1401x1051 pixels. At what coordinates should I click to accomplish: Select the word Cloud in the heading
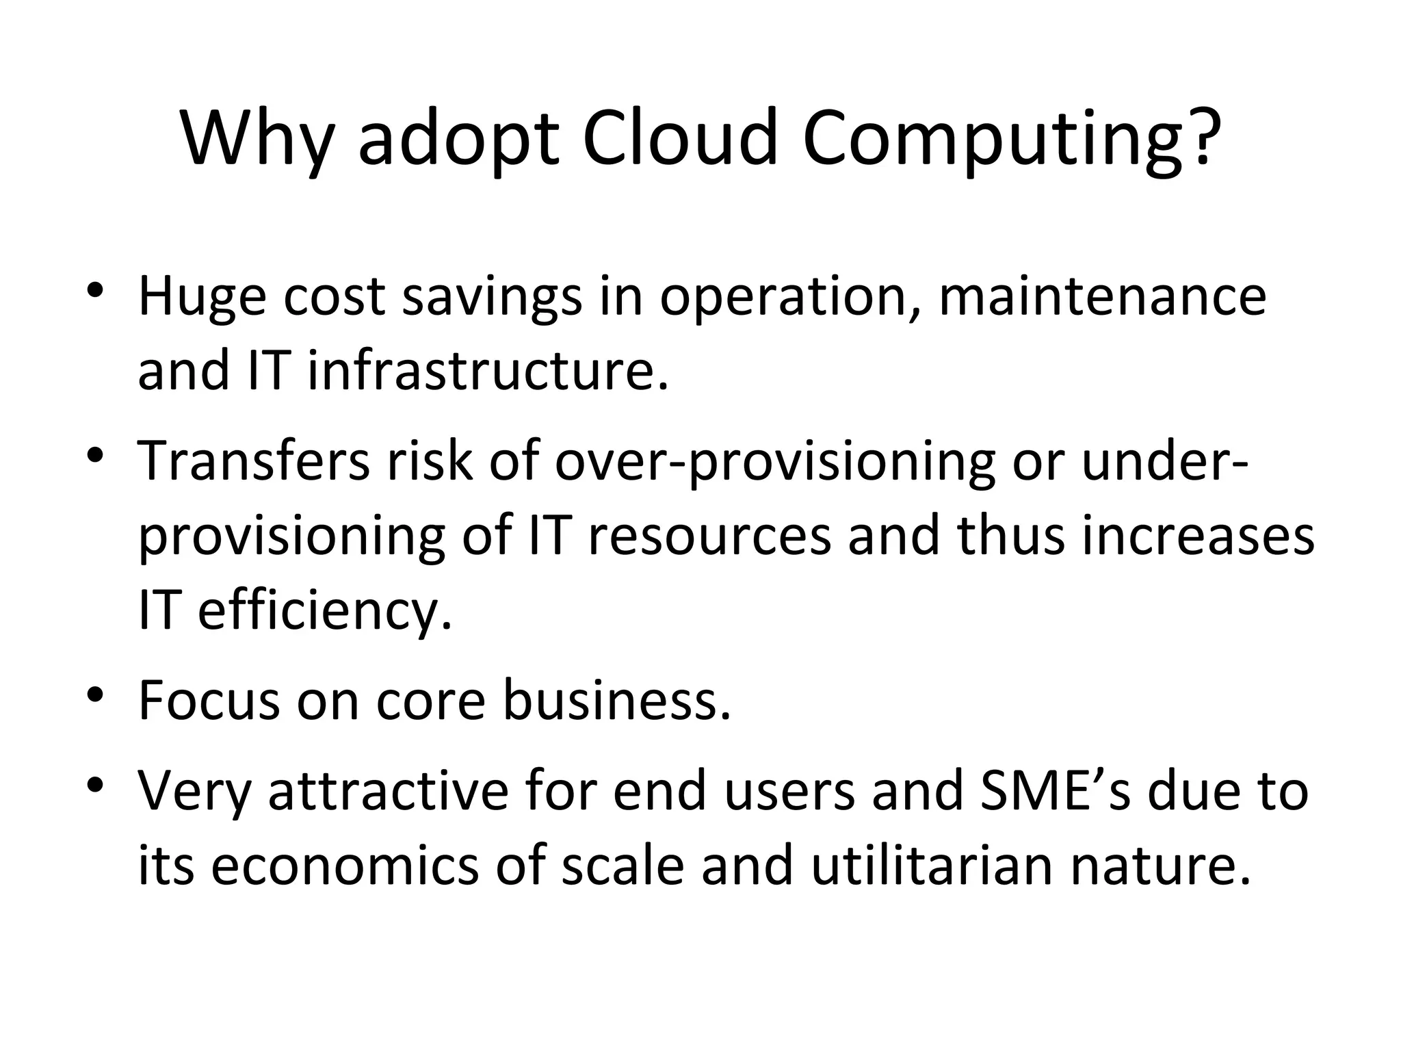point(680,136)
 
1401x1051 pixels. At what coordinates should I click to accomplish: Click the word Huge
point(202,298)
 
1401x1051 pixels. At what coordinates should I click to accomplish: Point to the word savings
point(492,298)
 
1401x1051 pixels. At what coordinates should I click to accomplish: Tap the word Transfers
point(254,459)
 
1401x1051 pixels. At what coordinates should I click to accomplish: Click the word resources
point(709,535)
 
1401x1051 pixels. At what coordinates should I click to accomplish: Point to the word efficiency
point(325,610)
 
